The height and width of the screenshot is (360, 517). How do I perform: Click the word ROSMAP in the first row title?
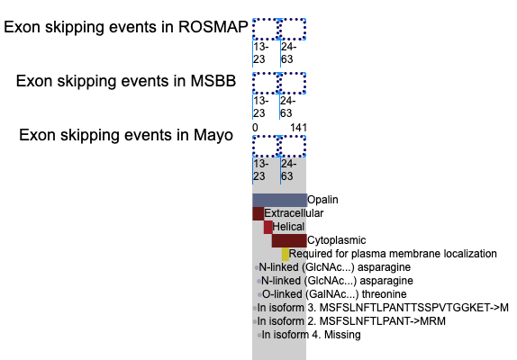coord(213,27)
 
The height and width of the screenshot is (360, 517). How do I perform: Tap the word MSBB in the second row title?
coord(213,81)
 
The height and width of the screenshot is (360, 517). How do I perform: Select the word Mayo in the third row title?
coord(213,135)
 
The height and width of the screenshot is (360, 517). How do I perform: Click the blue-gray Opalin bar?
coord(279,200)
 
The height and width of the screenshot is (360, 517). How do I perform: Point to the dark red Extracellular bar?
coord(258,213)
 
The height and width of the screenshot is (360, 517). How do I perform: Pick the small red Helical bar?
coord(268,227)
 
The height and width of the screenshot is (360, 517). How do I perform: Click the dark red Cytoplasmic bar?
coord(289,240)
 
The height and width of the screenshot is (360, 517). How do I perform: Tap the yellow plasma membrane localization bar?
coord(286,254)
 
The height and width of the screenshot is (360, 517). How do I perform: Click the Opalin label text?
coord(322,200)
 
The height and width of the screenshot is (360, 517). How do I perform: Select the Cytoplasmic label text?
coord(336,240)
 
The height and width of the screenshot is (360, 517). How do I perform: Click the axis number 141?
coord(298,128)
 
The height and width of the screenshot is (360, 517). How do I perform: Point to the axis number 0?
coord(255,128)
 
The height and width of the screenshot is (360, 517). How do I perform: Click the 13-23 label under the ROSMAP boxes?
coord(261,53)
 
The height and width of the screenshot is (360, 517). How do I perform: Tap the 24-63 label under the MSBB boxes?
coord(287,107)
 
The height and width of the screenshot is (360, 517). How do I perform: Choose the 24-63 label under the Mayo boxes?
coord(288,170)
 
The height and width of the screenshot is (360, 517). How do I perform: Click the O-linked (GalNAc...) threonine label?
coord(334,294)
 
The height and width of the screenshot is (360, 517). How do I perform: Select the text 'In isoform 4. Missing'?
coord(311,335)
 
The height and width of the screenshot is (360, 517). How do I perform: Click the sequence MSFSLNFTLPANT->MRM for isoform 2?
coord(383,321)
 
